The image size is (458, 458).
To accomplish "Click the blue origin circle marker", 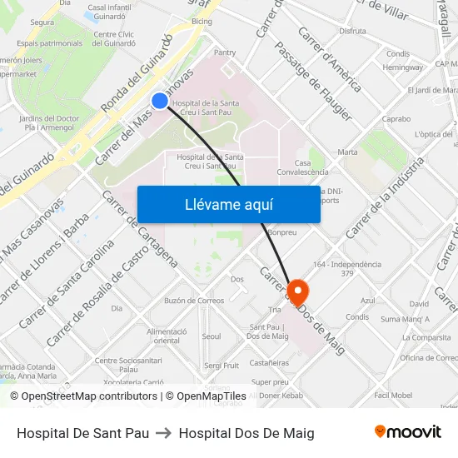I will pos(160,101).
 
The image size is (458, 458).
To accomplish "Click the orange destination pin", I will pos(297,291).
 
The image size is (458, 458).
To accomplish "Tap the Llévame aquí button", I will pos(228,204).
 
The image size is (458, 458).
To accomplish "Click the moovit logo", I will pos(408,432).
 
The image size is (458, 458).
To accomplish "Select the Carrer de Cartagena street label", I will pos(139,227).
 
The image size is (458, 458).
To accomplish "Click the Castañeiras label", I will pos(269,362).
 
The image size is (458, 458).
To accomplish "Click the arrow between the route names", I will pos(164,433).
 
